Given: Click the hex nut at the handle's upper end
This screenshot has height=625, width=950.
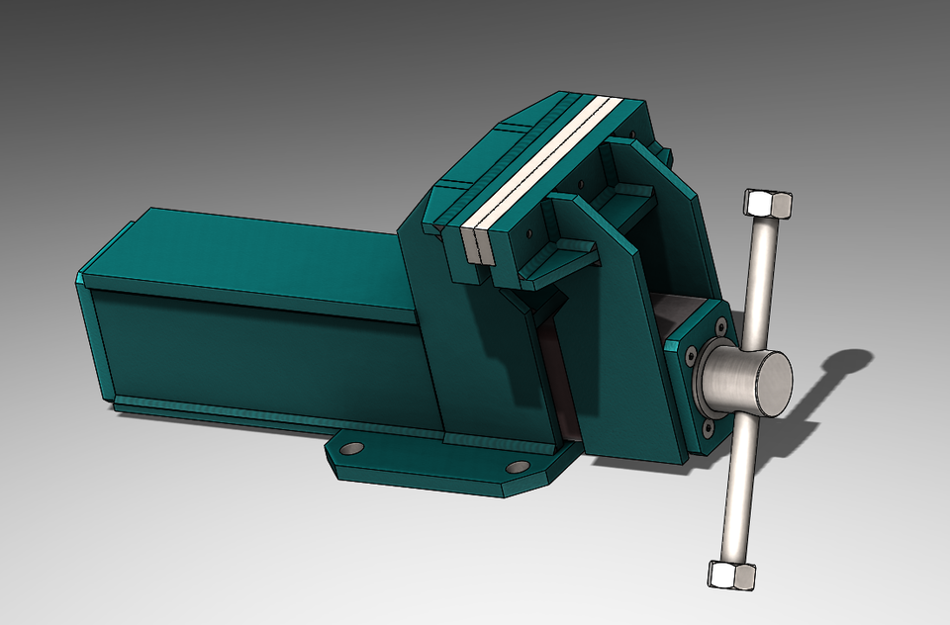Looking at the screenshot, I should tap(767, 204).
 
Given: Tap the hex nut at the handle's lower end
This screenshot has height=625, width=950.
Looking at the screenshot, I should tap(732, 574).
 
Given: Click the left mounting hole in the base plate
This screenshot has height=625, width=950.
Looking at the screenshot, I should tap(351, 448).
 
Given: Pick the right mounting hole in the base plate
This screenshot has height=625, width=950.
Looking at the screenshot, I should tap(517, 467).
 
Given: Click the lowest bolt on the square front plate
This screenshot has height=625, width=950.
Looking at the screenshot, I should tap(709, 427).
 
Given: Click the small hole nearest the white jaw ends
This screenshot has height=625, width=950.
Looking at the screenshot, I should tap(529, 234).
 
